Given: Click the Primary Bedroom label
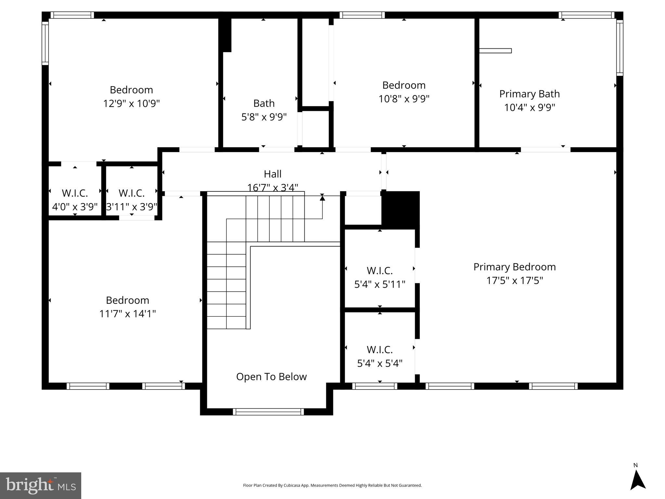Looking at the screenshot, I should pyautogui.click(x=514, y=267).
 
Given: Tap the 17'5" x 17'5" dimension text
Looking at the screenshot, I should pyautogui.click(x=514, y=280).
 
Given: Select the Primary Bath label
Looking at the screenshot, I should pyautogui.click(x=529, y=94).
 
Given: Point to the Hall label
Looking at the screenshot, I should pyautogui.click(x=272, y=174).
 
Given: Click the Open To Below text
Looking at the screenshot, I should pyautogui.click(x=271, y=377).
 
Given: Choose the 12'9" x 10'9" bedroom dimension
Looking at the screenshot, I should pyautogui.click(x=131, y=103).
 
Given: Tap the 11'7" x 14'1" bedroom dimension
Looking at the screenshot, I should pyautogui.click(x=127, y=313).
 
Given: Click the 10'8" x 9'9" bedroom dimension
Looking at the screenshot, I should pyautogui.click(x=404, y=98).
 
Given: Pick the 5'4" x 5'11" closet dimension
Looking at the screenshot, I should pyautogui.click(x=379, y=284).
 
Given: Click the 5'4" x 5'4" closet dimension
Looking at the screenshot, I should pyautogui.click(x=379, y=363).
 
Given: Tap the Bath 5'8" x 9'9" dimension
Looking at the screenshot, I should pyautogui.click(x=264, y=117).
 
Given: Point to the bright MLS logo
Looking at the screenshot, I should pyautogui.click(x=40, y=485).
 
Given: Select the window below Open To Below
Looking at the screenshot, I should pyautogui.click(x=268, y=412).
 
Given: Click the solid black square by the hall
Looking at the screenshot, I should pyautogui.click(x=401, y=210).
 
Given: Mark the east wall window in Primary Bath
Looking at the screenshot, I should pyautogui.click(x=620, y=48).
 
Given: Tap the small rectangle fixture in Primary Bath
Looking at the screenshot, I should pyautogui.click(x=495, y=51).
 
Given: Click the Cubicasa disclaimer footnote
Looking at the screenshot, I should pyautogui.click(x=332, y=485).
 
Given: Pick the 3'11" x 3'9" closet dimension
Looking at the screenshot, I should pyautogui.click(x=132, y=207).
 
